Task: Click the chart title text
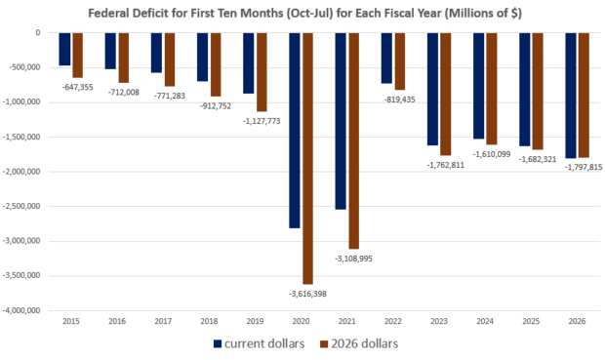point(304,14)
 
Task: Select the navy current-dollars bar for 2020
point(295,131)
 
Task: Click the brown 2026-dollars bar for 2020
point(308,159)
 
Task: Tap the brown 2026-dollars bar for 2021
point(354,140)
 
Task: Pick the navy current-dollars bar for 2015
point(64,49)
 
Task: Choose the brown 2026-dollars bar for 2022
point(400,61)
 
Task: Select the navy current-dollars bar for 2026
point(571,96)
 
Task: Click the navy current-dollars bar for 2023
point(432,89)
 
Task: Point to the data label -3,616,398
point(307,294)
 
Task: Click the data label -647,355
point(77,87)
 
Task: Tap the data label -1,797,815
point(584,168)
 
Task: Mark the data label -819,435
point(400,100)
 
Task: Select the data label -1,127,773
point(262,121)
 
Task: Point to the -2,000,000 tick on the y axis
point(22,172)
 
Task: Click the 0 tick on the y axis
point(38,33)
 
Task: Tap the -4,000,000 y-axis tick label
point(22,310)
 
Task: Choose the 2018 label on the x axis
point(209,321)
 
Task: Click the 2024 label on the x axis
point(485,321)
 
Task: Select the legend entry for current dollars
point(259,343)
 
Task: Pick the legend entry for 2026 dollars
point(359,343)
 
